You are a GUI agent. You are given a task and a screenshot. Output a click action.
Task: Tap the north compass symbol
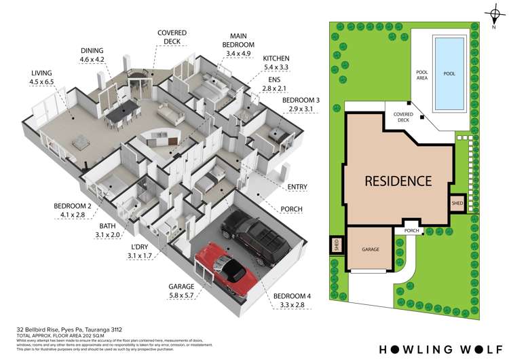(493, 14)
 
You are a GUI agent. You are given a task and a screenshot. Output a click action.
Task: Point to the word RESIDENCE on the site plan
(398, 181)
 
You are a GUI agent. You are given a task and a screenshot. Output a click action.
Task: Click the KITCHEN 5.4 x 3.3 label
(276, 63)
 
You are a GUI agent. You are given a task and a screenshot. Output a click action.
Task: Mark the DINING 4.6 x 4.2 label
(92, 54)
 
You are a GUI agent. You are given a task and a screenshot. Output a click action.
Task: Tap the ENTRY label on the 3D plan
(297, 187)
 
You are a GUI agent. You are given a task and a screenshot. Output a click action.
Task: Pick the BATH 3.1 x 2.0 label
(109, 230)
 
